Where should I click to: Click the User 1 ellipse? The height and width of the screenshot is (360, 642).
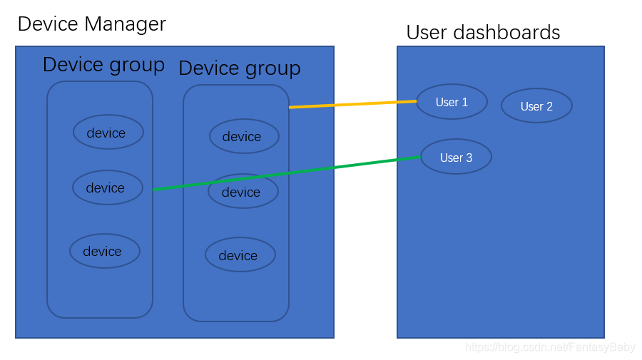pos(452,101)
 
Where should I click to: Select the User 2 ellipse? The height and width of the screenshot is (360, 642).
pos(536,106)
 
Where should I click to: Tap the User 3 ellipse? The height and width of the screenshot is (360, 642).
pos(456,157)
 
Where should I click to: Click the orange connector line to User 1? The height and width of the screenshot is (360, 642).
pos(352,104)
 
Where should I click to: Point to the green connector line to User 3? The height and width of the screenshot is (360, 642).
pos(287,173)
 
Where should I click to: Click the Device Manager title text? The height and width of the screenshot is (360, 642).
pos(92,24)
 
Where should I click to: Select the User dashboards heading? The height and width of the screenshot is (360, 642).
pos(483,32)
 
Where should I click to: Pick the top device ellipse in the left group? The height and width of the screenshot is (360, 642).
pos(108,132)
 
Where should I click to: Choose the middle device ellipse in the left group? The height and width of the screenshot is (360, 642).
pos(108,187)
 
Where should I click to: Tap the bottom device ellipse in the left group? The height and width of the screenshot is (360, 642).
pos(105,251)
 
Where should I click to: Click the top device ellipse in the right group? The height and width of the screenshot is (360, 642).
pos(245,136)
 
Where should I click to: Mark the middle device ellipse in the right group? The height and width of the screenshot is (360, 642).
pos(243,191)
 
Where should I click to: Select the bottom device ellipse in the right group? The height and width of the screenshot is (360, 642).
pos(240,254)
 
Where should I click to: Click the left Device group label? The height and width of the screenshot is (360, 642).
pos(103,66)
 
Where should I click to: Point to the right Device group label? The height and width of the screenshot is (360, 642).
pos(240,68)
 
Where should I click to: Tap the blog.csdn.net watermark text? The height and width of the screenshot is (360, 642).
pos(550,347)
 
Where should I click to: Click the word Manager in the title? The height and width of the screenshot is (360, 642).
pos(126,24)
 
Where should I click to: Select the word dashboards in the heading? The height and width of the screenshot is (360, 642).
pos(506,32)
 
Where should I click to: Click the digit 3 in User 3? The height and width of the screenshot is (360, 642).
pos(469,158)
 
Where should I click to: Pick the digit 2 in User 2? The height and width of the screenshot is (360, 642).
pos(549,107)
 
